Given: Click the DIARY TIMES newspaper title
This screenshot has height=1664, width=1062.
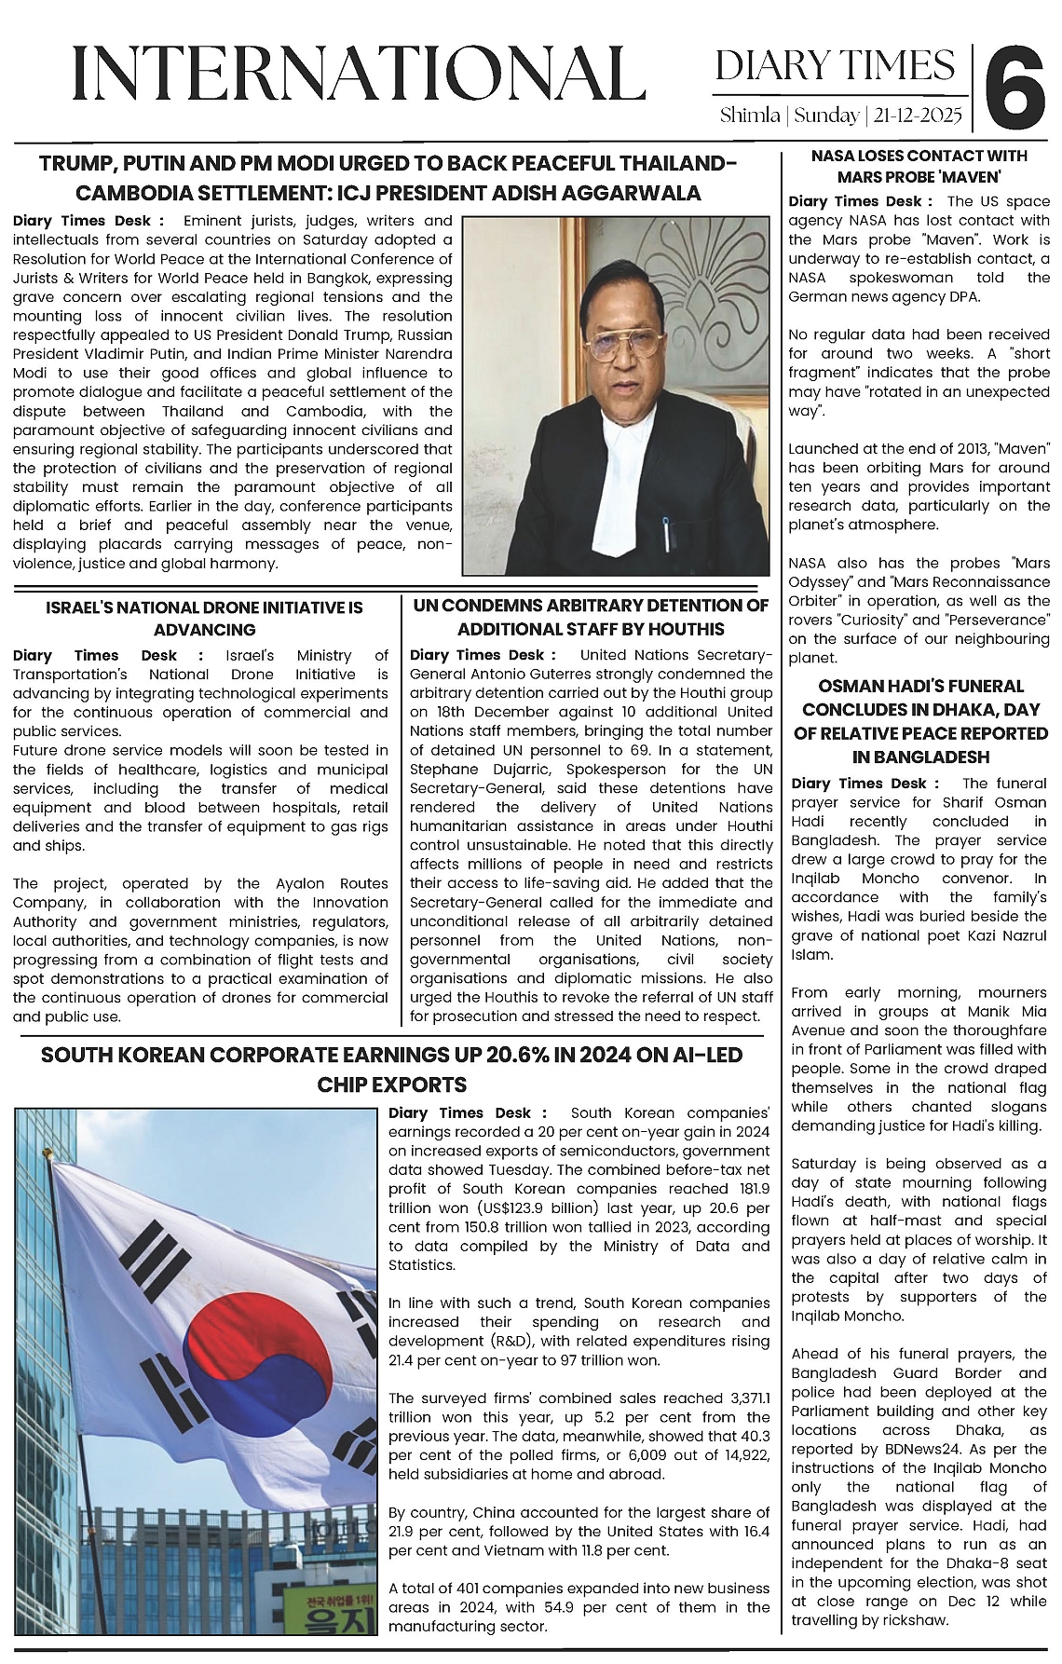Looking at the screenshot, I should click(835, 66).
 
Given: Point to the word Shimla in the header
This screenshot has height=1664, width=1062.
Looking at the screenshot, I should click(750, 116).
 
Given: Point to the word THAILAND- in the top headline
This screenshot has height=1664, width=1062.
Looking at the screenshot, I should click(670, 163).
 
